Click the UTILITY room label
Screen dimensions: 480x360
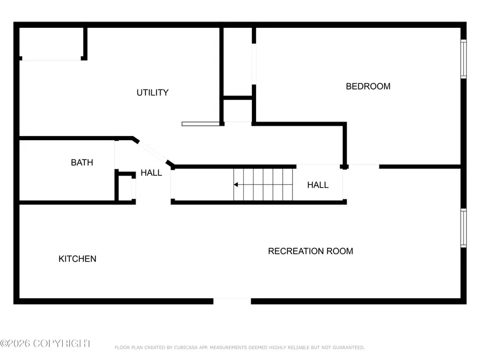(152, 92)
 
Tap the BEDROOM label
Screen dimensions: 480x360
(368, 86)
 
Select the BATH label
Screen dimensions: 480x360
(81, 162)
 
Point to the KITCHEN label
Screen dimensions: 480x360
(77, 259)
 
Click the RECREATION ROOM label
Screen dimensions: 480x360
(311, 251)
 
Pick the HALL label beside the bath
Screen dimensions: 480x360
(151, 173)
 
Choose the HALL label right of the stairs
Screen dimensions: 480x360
(318, 185)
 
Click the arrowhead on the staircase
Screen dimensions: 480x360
(236, 184)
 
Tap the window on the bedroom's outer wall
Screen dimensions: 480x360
(464, 59)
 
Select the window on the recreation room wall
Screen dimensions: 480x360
(464, 228)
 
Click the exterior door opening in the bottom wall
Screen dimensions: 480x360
(232, 301)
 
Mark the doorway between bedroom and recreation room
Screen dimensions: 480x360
(364, 166)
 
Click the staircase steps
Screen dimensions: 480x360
(263, 184)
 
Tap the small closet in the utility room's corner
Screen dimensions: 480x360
(51, 43)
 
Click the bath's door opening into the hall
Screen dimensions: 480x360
(116, 155)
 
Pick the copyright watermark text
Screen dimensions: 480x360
(45, 344)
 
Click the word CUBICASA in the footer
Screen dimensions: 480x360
(186, 347)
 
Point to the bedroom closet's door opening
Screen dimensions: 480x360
(254, 64)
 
